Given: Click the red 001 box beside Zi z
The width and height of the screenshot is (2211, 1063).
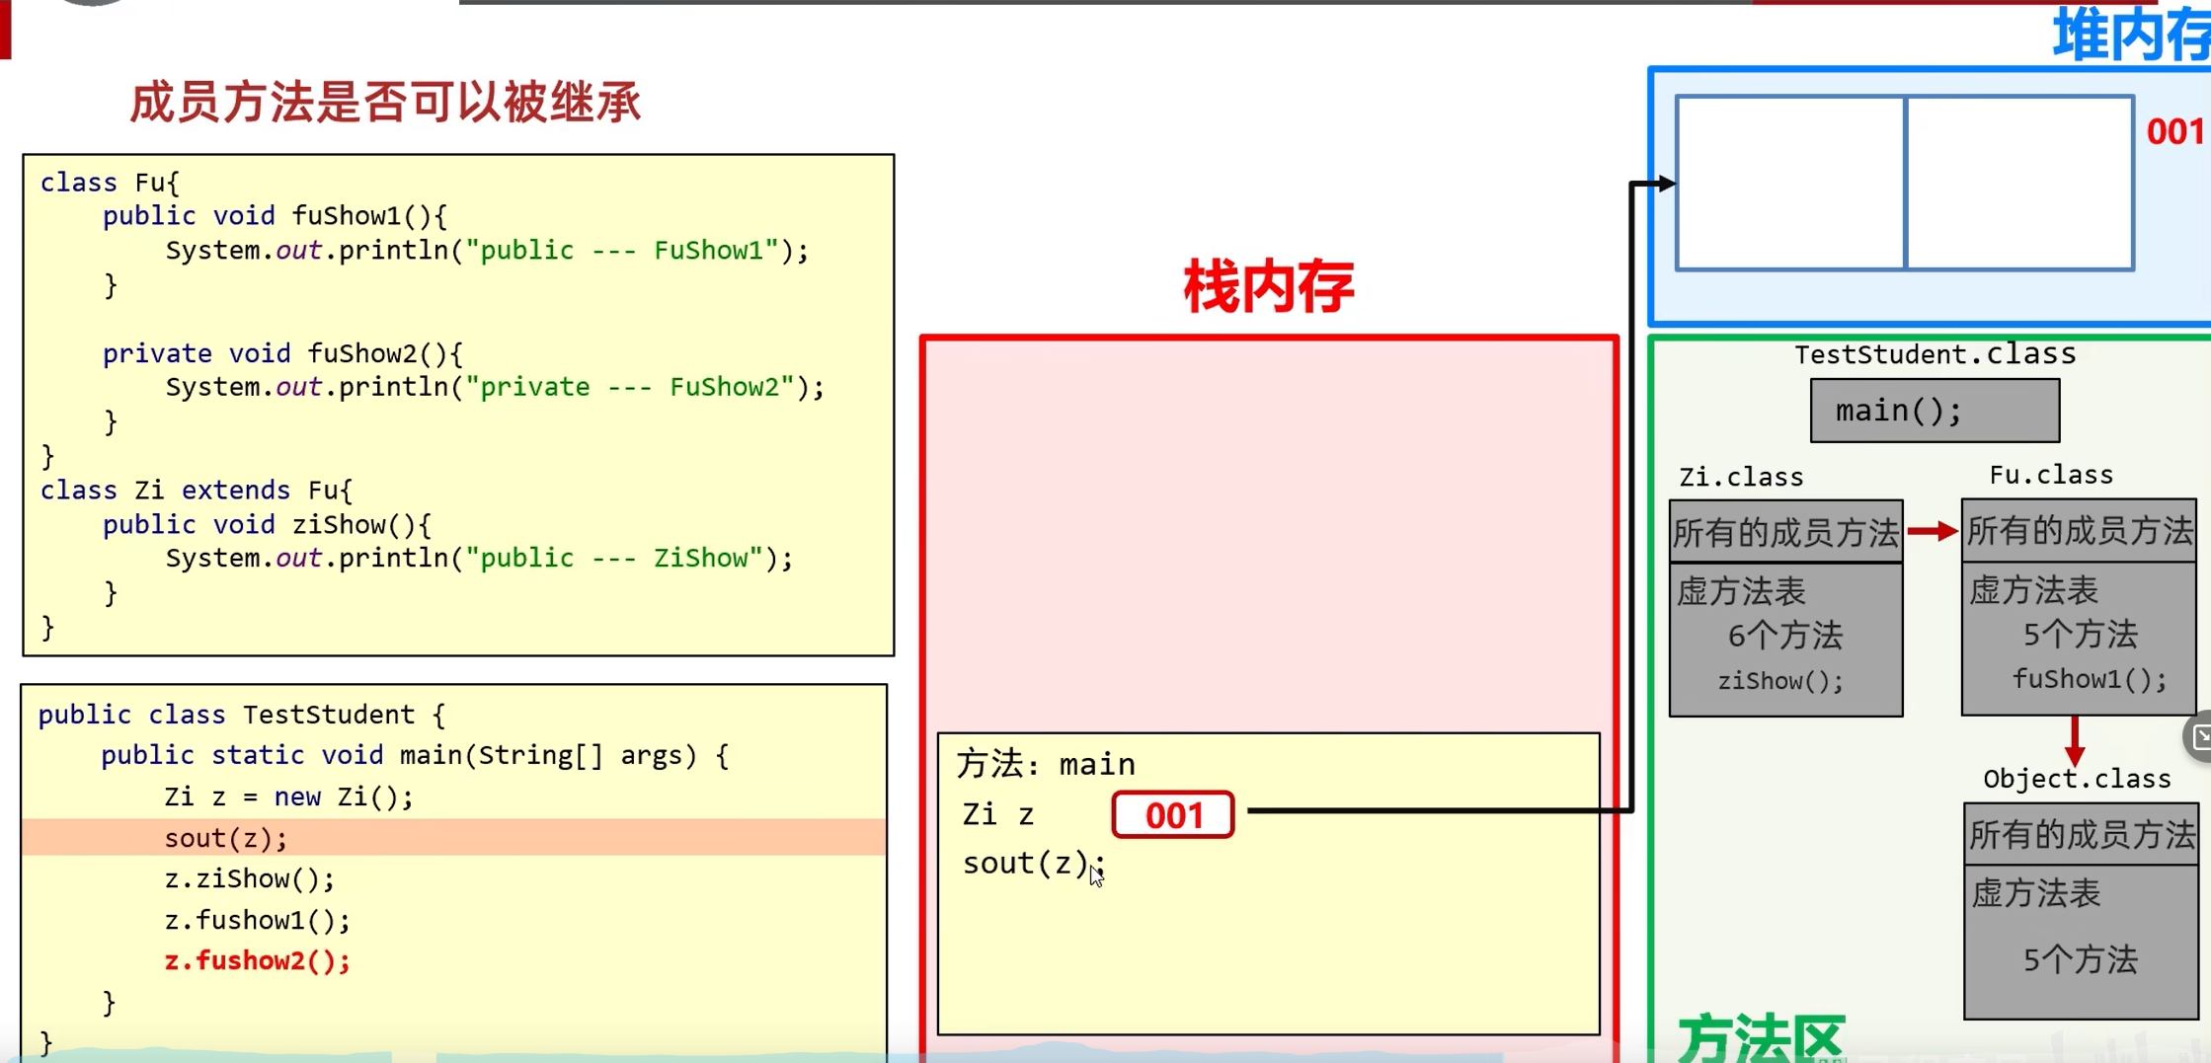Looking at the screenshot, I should (x=1172, y=815).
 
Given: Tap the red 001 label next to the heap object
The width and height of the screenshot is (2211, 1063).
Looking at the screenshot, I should (x=2175, y=131).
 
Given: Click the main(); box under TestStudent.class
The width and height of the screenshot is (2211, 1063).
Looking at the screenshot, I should (x=1934, y=411).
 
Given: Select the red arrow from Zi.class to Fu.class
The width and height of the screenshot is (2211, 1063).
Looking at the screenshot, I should (x=1932, y=531).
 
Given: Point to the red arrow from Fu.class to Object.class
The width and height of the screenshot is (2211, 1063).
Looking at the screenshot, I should (x=2075, y=739).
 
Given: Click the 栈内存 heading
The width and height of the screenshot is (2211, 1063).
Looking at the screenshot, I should (x=1268, y=287).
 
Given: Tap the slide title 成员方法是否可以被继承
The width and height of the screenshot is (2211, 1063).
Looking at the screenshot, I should (x=385, y=103).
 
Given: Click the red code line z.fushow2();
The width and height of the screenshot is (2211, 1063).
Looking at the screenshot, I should (x=257, y=960).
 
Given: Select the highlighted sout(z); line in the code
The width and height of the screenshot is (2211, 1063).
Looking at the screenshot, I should (x=226, y=838).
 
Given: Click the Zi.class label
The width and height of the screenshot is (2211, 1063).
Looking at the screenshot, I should (x=1741, y=478).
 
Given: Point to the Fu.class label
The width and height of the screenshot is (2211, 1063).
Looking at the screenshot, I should (x=2050, y=476).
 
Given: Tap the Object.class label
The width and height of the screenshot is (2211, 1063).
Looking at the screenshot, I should (x=2077, y=779).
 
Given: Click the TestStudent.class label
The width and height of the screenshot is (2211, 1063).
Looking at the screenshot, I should (x=1935, y=354).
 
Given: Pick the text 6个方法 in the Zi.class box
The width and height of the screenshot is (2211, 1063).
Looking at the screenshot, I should (x=1784, y=636).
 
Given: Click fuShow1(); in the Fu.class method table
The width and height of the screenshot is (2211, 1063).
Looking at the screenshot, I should (x=2089, y=679).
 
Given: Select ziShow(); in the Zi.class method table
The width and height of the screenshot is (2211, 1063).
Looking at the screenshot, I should (x=1780, y=681).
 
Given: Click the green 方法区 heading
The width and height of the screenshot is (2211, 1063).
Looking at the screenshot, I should (x=1760, y=1038).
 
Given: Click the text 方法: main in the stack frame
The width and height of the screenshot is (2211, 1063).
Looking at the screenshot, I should (x=1046, y=764).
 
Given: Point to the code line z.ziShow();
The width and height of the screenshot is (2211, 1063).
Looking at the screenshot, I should (x=249, y=878).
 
